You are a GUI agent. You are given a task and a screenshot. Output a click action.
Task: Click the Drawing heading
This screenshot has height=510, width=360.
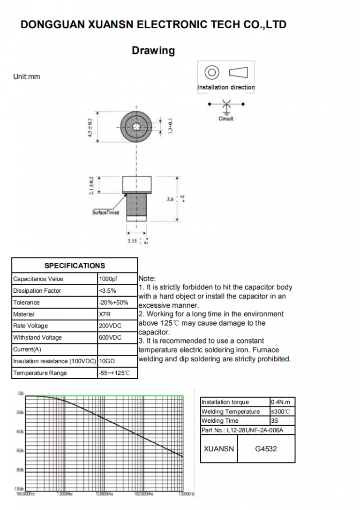coord(153,51)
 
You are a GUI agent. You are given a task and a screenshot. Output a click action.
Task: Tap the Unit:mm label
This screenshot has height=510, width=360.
coord(27,76)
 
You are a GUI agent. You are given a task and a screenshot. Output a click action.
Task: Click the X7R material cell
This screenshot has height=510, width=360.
coord(105,314)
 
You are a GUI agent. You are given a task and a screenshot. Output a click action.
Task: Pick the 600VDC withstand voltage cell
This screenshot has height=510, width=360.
coord(110,338)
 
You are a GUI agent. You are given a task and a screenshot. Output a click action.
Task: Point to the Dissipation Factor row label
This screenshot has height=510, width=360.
coord(37,291)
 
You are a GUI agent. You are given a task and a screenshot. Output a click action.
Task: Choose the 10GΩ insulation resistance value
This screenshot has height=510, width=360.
coord(107,361)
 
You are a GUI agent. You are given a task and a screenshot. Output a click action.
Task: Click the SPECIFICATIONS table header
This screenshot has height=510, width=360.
coord(75,266)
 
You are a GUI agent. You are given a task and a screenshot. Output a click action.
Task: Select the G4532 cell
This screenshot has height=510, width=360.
coord(266,449)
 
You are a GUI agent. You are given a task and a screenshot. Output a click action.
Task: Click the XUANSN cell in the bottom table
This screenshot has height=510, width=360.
coord(219,449)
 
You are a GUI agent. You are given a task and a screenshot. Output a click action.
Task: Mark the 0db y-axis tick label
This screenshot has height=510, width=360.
coord(21,393)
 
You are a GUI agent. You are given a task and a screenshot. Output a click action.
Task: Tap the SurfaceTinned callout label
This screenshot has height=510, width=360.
coord(105,213)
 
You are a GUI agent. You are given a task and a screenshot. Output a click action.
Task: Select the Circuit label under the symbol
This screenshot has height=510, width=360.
coord(226,119)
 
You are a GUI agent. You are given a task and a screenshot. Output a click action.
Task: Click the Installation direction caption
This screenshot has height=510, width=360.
coord(226,87)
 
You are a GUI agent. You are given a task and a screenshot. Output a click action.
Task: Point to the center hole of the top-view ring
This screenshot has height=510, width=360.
coord(136,127)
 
